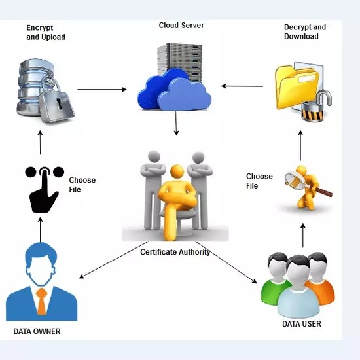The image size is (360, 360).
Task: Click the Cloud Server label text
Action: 181,26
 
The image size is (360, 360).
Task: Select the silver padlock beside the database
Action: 55,102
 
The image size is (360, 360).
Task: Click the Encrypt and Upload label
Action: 46,33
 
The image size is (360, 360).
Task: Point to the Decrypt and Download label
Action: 304,32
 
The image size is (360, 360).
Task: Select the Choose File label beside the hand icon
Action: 82,185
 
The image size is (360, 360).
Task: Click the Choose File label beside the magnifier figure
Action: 259,181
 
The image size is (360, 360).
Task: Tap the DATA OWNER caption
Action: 37,331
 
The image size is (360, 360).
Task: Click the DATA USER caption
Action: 302,324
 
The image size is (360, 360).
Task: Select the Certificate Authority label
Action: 175,251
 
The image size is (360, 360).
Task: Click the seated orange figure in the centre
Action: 175,196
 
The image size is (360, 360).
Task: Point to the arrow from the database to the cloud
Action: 101,89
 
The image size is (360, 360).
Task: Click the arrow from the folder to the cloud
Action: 242,85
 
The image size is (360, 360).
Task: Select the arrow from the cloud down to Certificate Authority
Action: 176,124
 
